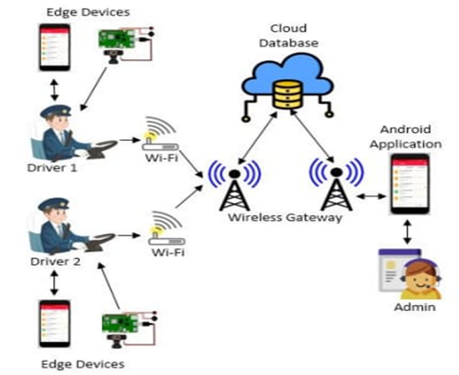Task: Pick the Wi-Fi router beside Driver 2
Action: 160,226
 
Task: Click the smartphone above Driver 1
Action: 55,48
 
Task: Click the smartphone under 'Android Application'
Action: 408,184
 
